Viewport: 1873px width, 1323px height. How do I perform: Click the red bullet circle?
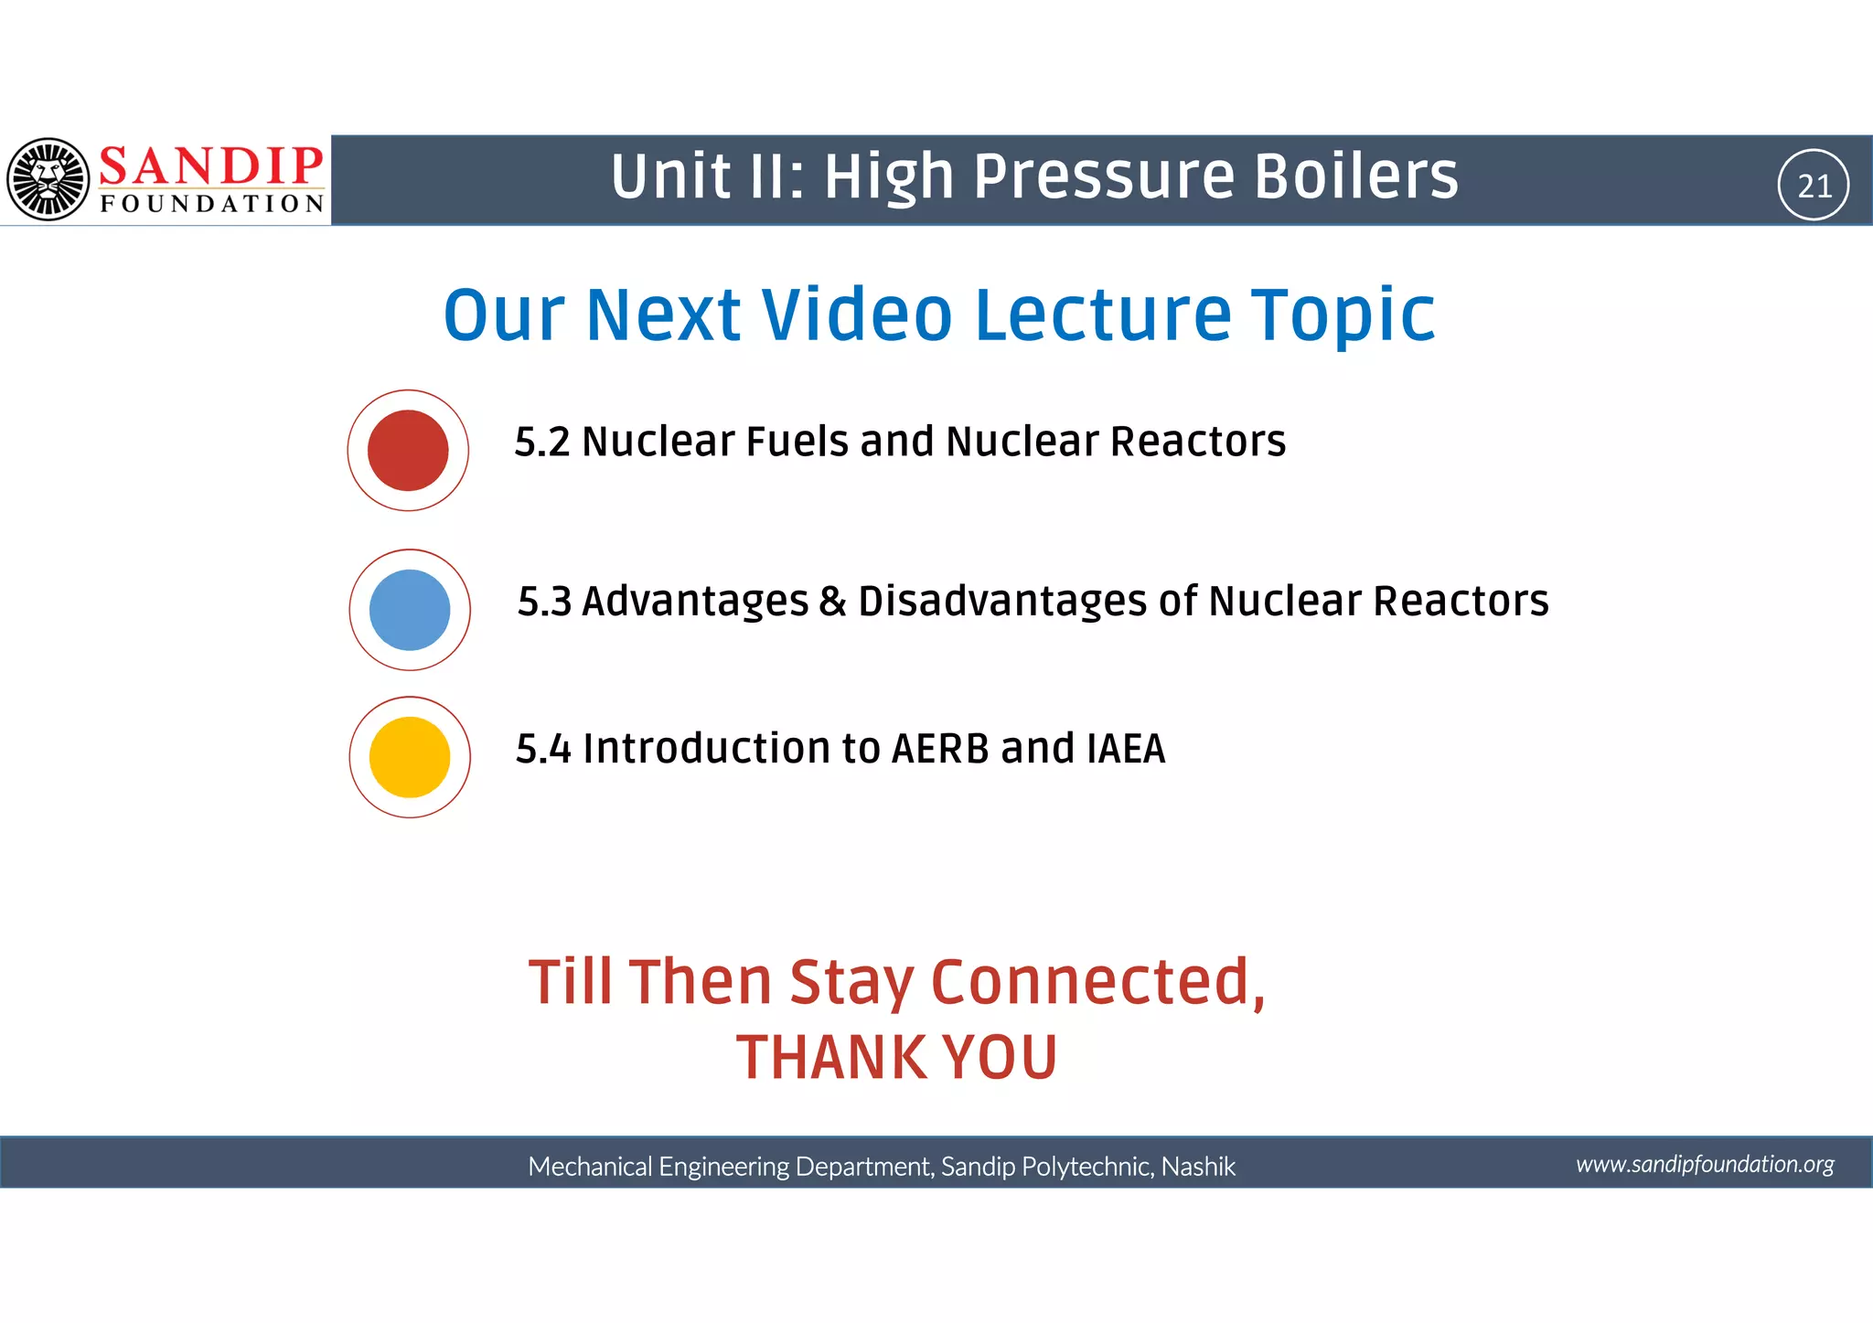[x=408, y=450]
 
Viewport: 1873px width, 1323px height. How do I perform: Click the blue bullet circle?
[x=410, y=610]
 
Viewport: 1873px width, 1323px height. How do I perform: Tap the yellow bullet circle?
[x=410, y=757]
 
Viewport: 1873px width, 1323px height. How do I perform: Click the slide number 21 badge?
[x=1814, y=186]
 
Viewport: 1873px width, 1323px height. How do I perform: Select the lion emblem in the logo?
[x=48, y=179]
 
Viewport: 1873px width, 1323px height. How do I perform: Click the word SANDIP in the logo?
[x=210, y=166]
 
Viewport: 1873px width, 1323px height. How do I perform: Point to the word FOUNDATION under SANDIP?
[x=212, y=204]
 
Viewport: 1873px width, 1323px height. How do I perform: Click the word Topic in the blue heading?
[x=1343, y=315]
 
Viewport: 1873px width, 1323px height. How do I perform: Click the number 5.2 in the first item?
[x=541, y=443]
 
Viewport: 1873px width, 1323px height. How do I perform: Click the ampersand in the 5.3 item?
[x=832, y=602]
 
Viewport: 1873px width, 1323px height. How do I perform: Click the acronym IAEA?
[x=1126, y=749]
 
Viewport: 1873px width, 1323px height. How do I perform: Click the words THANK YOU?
[x=896, y=1058]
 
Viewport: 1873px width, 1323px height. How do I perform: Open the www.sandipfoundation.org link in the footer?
[x=1705, y=1164]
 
